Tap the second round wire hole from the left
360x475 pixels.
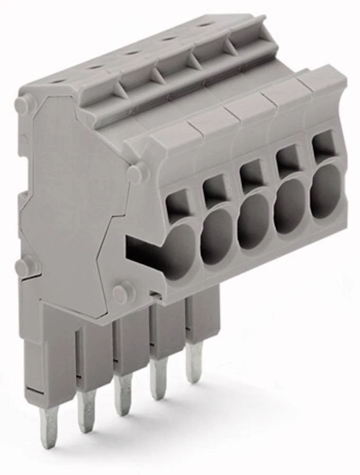tap(216, 237)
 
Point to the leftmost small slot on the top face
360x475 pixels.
tap(59, 81)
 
